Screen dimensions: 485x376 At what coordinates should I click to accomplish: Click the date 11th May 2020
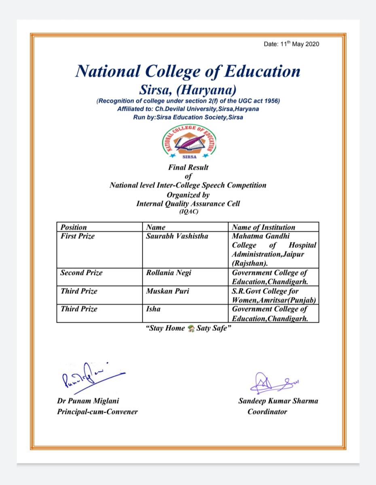tap(292, 44)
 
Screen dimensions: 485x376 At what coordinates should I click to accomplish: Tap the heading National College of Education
tap(188, 72)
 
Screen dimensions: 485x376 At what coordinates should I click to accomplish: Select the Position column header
tap(74, 227)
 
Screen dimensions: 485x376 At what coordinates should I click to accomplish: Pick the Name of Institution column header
tap(264, 227)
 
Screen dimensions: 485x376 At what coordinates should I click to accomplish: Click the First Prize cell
tap(78, 236)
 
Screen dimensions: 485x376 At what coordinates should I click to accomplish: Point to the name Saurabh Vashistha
tap(177, 236)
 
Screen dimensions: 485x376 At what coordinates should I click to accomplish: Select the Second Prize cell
tap(82, 273)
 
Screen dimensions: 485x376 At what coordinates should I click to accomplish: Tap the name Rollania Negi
tap(169, 273)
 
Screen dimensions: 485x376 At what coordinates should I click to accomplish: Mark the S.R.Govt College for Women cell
tap(273, 295)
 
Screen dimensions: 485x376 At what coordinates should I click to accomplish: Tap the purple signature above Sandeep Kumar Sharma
tap(274, 383)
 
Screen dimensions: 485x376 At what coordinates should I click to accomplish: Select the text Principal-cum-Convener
tap(97, 412)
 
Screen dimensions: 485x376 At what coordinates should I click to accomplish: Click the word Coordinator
tap(267, 412)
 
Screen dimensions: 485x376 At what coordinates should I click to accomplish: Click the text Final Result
tap(188, 167)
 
